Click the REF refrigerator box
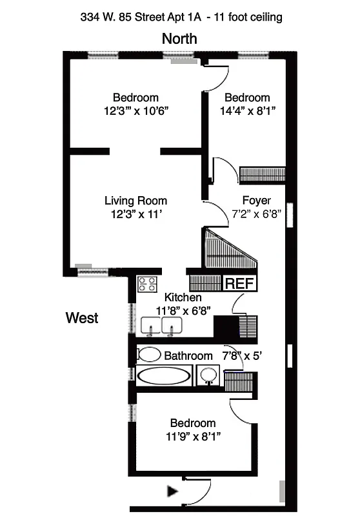[x=239, y=283]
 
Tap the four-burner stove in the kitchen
[x=147, y=284]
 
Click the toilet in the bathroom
[x=150, y=354]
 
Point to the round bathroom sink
[x=208, y=375]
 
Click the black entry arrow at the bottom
[x=172, y=491]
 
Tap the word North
[x=179, y=39]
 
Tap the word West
[x=82, y=317]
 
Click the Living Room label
[x=135, y=201]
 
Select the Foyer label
[x=256, y=200]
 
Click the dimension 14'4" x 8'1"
[x=247, y=110]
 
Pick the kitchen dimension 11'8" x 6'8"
[x=183, y=310]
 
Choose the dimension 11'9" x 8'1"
[x=192, y=436]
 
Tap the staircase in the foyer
[x=229, y=252]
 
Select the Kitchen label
[x=183, y=298]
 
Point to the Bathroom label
[x=188, y=355]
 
